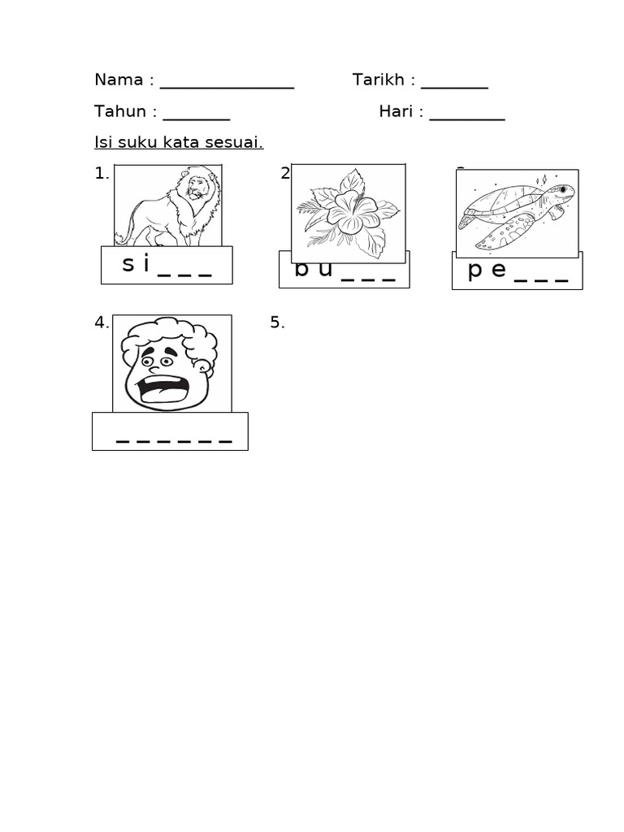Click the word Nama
pyautogui.click(x=119, y=80)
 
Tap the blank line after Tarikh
pyautogui.click(x=454, y=86)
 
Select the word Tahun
pyautogui.click(x=120, y=111)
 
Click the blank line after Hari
pyautogui.click(x=467, y=119)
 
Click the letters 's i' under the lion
pyautogui.click(x=136, y=264)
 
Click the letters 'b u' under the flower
pyautogui.click(x=314, y=271)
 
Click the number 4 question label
pyautogui.click(x=101, y=323)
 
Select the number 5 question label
pyautogui.click(x=277, y=323)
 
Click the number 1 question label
pyautogui.click(x=101, y=173)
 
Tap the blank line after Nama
pyautogui.click(x=227, y=86)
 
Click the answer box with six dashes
pyautogui.click(x=170, y=431)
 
